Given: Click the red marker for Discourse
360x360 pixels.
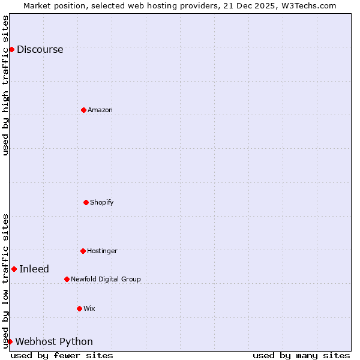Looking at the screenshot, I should click(x=11, y=49).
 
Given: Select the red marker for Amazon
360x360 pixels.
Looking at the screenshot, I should click(x=83, y=110).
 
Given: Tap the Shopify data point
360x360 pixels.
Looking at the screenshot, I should click(x=86, y=202).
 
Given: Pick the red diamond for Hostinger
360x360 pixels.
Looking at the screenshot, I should click(x=83, y=251).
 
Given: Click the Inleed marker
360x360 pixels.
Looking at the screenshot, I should click(x=14, y=269).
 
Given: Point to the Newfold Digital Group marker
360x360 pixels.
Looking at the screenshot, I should click(x=67, y=279).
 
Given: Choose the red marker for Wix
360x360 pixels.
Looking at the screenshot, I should click(x=79, y=308).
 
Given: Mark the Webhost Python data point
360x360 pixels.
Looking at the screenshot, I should click(x=10, y=341).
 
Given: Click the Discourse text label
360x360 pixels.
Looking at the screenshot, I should click(x=40, y=50).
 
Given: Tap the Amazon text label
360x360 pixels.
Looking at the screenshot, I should click(x=100, y=110).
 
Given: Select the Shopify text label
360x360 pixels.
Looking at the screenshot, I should click(x=101, y=202).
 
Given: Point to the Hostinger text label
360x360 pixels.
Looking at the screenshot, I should click(x=102, y=251).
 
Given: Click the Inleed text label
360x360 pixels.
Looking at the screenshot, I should click(x=34, y=269).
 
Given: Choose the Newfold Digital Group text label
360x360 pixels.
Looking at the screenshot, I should click(x=106, y=279).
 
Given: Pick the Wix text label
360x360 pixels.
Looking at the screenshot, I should click(x=89, y=308).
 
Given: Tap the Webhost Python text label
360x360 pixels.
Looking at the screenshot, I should click(x=54, y=342).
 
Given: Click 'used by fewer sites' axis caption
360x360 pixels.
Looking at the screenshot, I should click(x=62, y=355).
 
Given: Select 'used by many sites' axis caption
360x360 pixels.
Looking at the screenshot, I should click(x=301, y=355).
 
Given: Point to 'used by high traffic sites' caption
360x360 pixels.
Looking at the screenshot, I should click(x=5, y=85).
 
